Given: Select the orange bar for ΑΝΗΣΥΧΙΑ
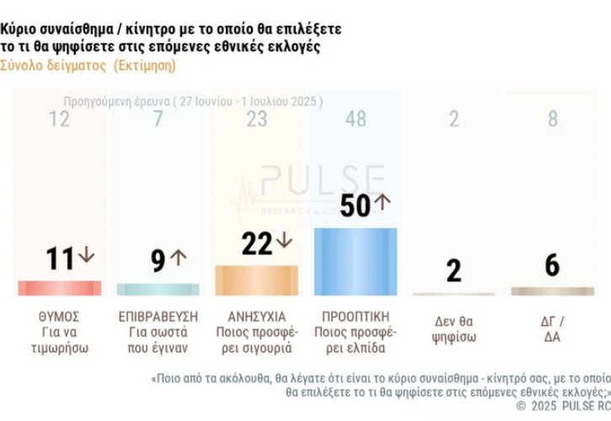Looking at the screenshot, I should coord(256,280).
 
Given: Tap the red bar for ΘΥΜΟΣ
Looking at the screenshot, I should coord(59,288).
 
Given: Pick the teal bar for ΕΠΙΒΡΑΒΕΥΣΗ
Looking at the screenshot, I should coord(158,289).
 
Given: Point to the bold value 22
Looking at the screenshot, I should coord(256,243).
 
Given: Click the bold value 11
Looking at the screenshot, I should coord(61,258).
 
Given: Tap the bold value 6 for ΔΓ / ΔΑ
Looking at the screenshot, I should coord(552,264).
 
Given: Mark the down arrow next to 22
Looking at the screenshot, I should coord(284,242).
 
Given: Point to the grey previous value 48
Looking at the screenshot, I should coord(355,119).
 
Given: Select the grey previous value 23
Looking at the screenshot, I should coord(256,119).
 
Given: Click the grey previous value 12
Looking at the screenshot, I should coord(59,119).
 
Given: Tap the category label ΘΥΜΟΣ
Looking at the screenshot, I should coord(59,317).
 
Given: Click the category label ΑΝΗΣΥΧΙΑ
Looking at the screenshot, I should coord(256,317).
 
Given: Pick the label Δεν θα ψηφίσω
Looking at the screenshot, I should coord(453,329).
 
